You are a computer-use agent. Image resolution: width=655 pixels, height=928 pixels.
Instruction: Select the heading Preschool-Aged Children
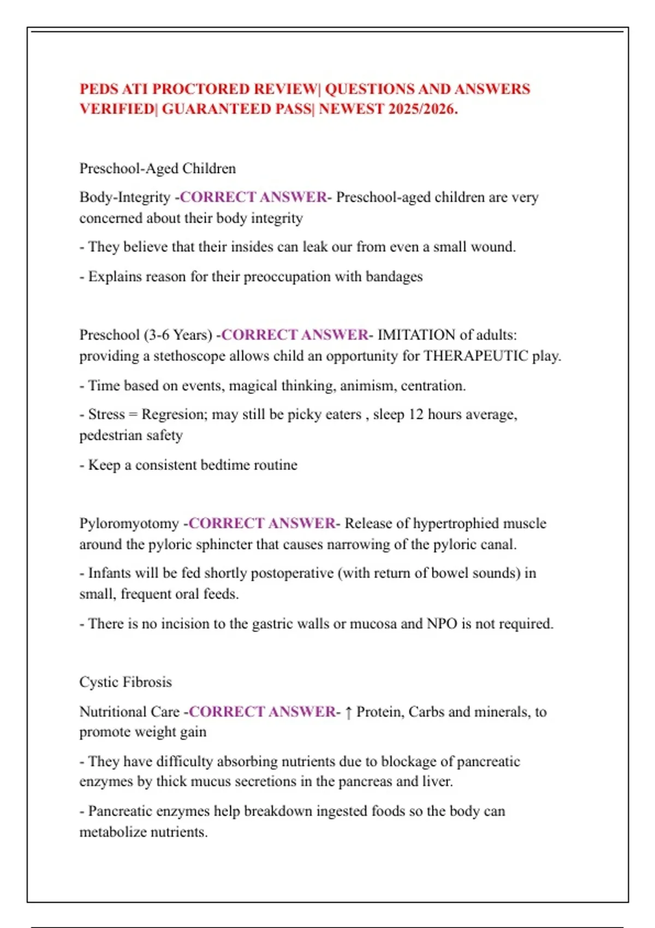pos(157,168)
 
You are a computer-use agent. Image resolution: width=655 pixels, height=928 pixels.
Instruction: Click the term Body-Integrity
pos(125,197)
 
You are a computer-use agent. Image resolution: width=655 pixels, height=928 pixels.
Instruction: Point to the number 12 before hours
pos(415,414)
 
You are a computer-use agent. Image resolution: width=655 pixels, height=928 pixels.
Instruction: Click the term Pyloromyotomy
pos(129,523)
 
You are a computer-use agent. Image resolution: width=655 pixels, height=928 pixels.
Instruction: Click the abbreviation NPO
pos(442,623)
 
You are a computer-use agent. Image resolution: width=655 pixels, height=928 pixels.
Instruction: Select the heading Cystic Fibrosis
pos(126,682)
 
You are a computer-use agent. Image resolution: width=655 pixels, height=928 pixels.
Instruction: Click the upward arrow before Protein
pos(348,712)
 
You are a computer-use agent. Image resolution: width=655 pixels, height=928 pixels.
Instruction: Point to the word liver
pos(437,781)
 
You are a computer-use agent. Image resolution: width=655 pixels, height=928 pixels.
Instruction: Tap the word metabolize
pos(115,832)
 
